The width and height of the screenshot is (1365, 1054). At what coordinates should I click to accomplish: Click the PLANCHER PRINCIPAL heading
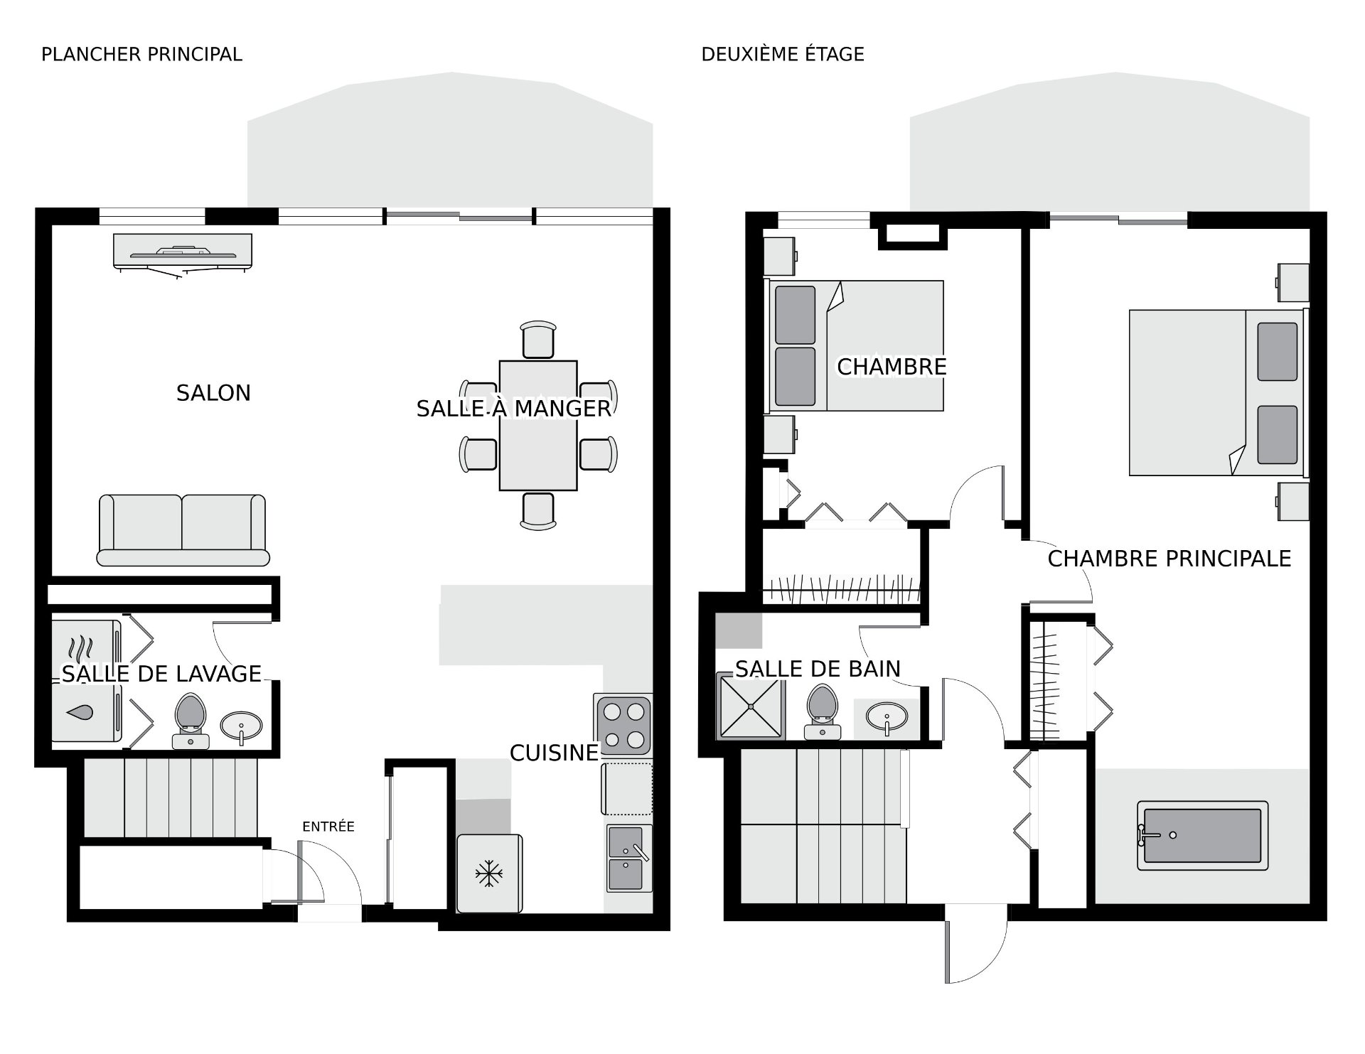(141, 55)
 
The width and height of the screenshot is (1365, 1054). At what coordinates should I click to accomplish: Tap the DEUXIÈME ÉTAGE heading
(783, 55)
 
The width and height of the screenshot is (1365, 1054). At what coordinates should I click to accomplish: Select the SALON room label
(213, 393)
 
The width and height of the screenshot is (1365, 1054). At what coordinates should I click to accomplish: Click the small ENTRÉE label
(328, 827)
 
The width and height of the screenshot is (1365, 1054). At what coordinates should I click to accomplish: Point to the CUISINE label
(555, 753)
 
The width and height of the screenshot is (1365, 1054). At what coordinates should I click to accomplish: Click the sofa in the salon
(183, 530)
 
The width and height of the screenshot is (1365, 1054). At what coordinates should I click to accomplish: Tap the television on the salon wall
(183, 254)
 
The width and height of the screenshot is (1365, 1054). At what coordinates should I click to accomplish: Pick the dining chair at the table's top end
(538, 340)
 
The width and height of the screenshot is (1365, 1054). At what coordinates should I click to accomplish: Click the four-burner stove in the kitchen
(623, 724)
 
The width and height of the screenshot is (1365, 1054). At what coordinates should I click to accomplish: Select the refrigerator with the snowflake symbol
(489, 873)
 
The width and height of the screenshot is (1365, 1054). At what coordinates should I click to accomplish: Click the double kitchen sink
(628, 858)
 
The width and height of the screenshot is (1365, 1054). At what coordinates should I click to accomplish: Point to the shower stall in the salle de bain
(751, 707)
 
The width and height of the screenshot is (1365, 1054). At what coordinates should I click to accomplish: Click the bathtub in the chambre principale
(1203, 836)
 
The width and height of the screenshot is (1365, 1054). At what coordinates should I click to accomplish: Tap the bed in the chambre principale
(1219, 392)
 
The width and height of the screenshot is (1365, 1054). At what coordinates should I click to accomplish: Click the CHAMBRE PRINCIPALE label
(1169, 559)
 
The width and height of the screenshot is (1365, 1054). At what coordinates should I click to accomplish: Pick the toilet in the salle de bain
(823, 711)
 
